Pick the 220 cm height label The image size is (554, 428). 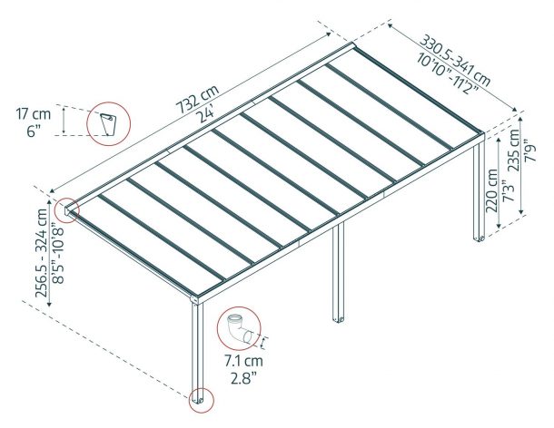pyautogui.click(x=491, y=187)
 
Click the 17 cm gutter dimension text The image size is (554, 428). pyautogui.click(x=32, y=114)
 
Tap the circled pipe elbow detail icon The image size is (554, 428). pyautogui.click(x=239, y=327)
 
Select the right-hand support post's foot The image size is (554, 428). pyautogui.click(x=479, y=239)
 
